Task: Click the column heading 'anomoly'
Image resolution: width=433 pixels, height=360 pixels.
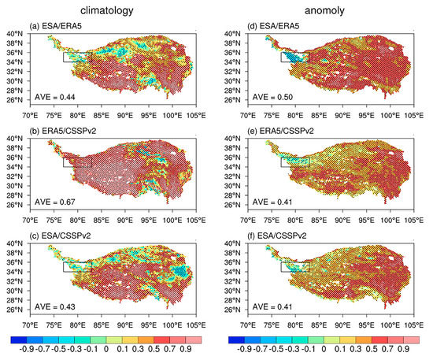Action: pos(324,12)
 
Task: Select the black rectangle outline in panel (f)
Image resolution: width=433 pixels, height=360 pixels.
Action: pos(294,266)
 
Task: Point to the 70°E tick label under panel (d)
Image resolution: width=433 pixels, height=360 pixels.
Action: pos(247,116)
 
